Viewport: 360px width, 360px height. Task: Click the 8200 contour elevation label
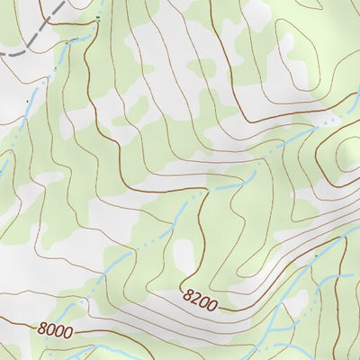coord(200,300)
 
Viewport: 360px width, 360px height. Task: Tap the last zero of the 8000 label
coord(67,332)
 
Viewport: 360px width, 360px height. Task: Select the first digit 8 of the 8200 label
coord(186,293)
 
